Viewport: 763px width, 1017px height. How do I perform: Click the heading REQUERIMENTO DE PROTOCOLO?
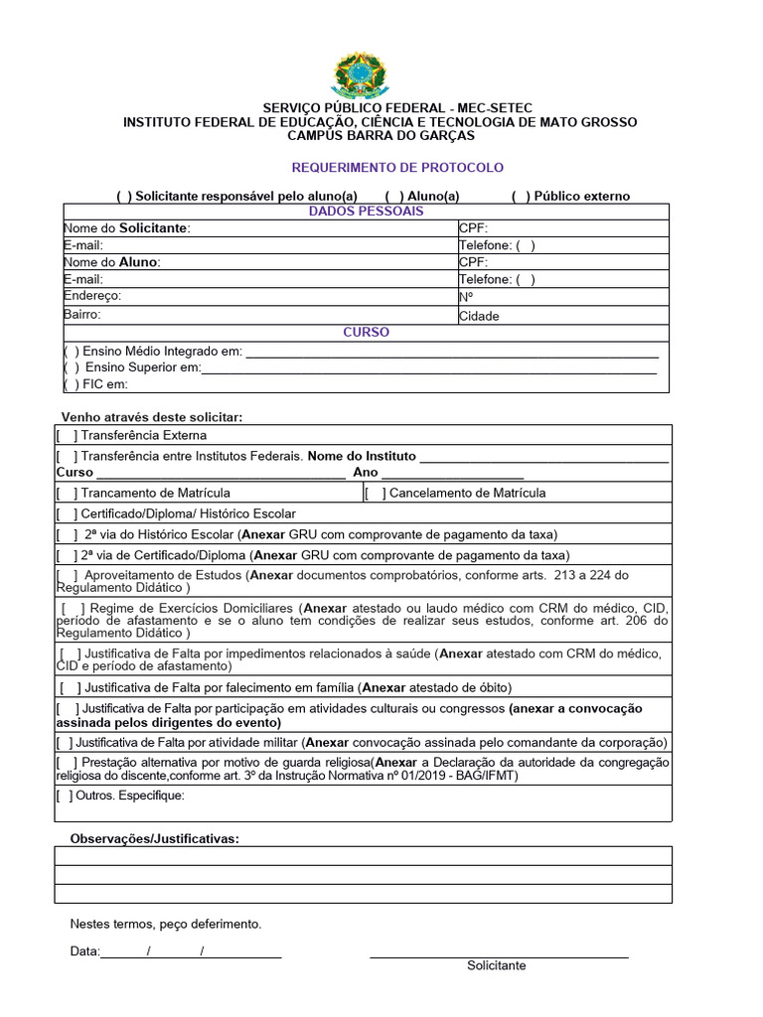pos(397,168)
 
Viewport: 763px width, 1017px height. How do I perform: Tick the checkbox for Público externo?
pos(521,197)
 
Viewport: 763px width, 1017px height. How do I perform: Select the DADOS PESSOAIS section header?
pos(367,212)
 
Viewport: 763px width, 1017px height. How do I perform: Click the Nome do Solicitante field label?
pos(126,228)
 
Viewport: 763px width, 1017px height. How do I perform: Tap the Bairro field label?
pos(82,315)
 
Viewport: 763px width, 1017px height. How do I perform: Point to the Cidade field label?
pos(479,317)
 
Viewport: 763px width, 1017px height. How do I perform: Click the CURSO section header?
pos(367,333)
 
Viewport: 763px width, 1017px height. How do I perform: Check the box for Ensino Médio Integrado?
pos(72,352)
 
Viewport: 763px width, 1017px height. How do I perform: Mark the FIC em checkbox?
pos(72,385)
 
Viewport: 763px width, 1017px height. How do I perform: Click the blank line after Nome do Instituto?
pos(543,457)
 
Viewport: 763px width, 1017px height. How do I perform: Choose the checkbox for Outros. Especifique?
pos(66,796)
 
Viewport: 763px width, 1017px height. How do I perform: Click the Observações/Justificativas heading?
pos(154,839)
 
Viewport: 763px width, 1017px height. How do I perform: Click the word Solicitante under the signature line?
pos(497,966)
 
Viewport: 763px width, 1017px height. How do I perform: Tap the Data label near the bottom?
pos(84,951)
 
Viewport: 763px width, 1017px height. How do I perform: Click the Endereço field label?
pos(92,296)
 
